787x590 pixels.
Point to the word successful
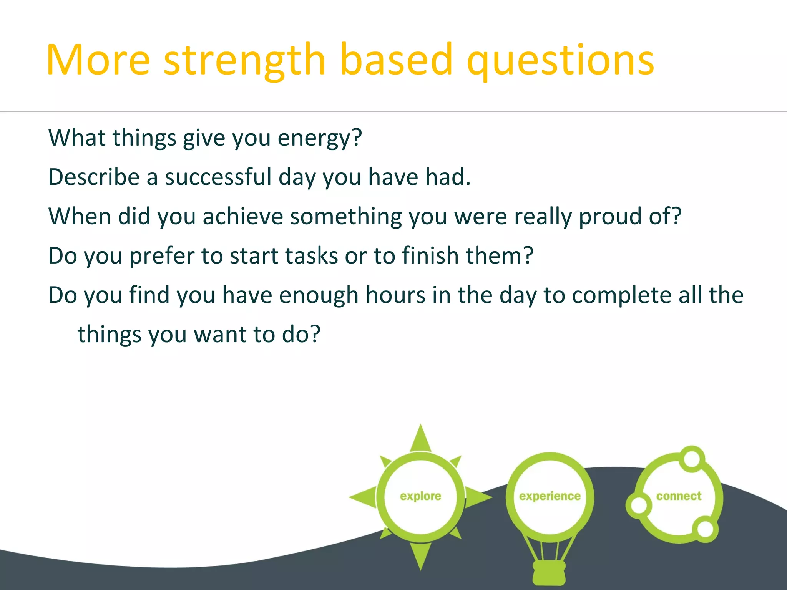pyautogui.click(x=218, y=177)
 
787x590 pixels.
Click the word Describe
pyautogui.click(x=94, y=177)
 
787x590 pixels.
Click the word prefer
pyautogui.click(x=162, y=257)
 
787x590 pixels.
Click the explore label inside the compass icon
pyautogui.click(x=420, y=496)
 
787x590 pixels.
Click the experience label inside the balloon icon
pyautogui.click(x=550, y=496)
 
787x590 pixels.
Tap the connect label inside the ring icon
pyautogui.click(x=679, y=496)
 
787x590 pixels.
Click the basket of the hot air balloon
pyautogui.click(x=549, y=572)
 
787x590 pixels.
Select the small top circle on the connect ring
pyautogui.click(x=692, y=458)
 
